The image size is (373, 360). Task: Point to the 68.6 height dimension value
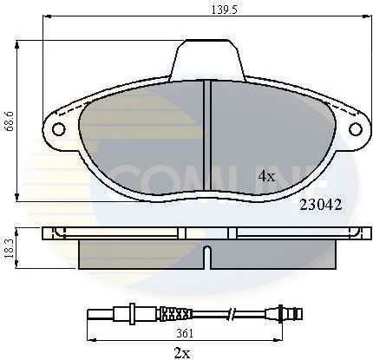pyautogui.click(x=10, y=120)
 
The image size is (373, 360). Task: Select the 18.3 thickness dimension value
pyautogui.click(x=10, y=247)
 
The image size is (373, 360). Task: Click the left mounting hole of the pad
pyautogui.click(x=59, y=130)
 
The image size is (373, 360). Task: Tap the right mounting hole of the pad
pyautogui.click(x=354, y=129)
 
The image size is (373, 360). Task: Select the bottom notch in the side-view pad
pyautogui.click(x=206, y=255)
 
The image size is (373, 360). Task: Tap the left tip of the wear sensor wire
pyautogui.click(x=89, y=313)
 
